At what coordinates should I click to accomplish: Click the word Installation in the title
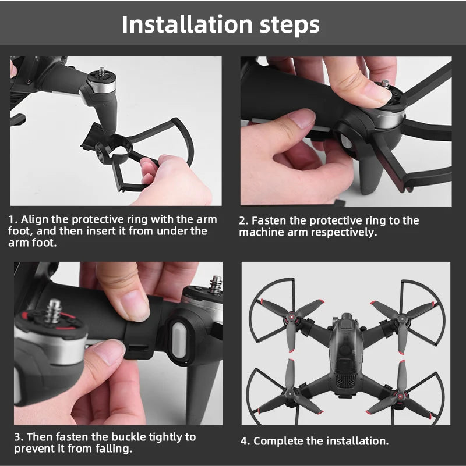[x=187, y=24]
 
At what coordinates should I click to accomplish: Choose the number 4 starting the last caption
[x=245, y=441]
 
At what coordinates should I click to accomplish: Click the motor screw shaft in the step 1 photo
[x=103, y=72]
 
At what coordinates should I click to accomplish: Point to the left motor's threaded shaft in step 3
[x=54, y=311]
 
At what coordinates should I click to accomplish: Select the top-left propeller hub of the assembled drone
[x=291, y=318]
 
